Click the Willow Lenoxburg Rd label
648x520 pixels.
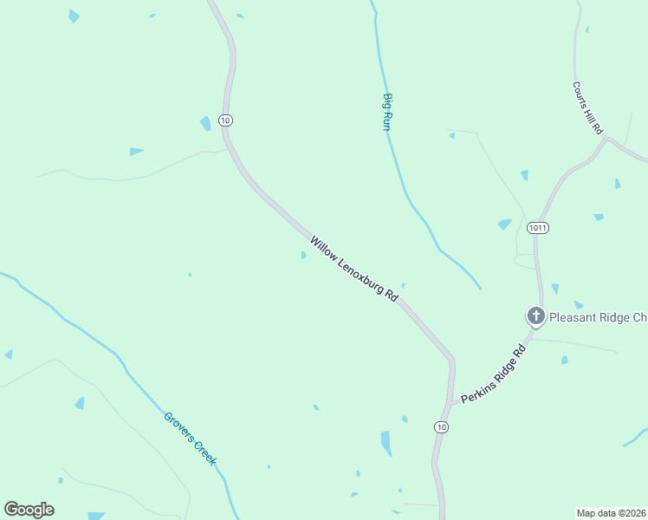coord(353,269)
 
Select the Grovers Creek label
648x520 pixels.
coord(189,439)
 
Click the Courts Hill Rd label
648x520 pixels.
coord(587,108)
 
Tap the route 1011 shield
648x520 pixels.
coord(536,227)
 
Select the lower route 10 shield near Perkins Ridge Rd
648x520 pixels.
coord(442,427)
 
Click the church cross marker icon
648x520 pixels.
coord(536,315)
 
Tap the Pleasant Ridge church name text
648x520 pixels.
coord(598,317)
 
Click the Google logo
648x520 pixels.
coord(29,510)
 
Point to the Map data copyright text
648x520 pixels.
coord(611,512)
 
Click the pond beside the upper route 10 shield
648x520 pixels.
coord(206,124)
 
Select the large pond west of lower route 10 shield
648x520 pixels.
coord(386,443)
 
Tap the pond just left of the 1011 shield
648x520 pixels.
coord(505,224)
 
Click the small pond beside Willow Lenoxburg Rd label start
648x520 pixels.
coord(302,255)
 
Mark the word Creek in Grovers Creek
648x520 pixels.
coord(203,452)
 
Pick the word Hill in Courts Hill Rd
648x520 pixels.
coord(588,110)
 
